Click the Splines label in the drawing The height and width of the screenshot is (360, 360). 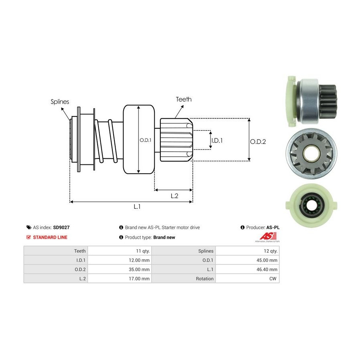(60, 102)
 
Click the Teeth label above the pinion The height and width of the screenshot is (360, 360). (184, 99)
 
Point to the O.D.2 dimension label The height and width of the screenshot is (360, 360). (258, 142)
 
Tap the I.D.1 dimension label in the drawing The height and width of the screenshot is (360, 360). (217, 140)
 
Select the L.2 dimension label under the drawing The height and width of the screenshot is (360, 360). (174, 196)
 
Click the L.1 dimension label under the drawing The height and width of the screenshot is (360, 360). (137, 207)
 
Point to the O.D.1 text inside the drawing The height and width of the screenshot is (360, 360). (146, 140)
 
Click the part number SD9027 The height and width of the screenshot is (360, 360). (61, 228)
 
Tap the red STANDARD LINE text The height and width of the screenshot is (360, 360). (50, 237)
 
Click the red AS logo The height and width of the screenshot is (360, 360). (268, 236)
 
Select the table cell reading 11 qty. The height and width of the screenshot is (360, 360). (120, 251)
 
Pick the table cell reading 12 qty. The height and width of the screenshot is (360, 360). (248, 251)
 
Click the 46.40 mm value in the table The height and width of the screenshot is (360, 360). (248, 269)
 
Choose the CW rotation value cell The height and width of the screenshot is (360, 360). (248, 278)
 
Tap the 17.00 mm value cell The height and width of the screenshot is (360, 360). (120, 278)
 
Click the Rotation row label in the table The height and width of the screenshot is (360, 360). (204, 279)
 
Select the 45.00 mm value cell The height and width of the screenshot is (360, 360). (248, 260)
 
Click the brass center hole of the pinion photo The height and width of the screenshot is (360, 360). (311, 153)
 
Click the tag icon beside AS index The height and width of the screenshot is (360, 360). (29, 228)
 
